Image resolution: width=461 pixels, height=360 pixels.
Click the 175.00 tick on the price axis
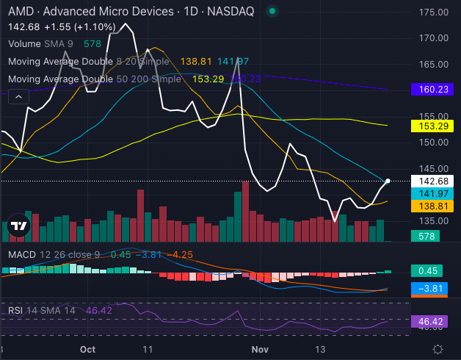pyautogui.click(x=432, y=12)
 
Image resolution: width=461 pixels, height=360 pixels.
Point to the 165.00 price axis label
pyautogui.click(x=432, y=64)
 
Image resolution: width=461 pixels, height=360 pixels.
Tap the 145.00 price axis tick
pyautogui.click(x=432, y=168)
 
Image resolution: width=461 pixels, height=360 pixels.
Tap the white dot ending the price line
pyautogui.click(x=388, y=181)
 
